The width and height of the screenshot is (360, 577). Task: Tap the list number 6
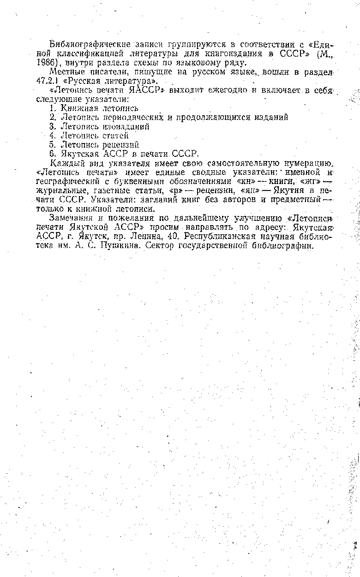tap(52, 153)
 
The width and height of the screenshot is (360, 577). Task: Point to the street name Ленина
tap(139, 237)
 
